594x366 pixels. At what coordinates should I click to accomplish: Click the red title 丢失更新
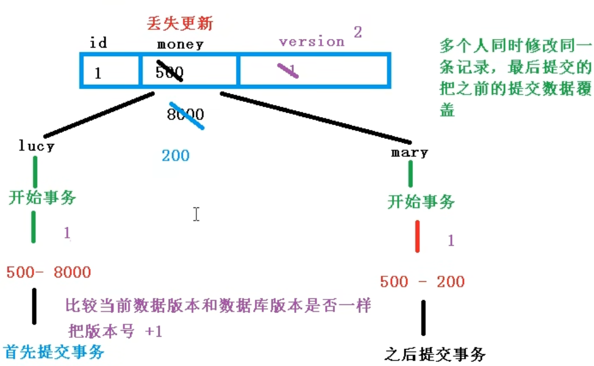coord(180,24)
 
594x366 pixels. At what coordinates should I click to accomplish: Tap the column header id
coord(98,43)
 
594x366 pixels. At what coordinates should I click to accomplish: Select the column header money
coord(180,44)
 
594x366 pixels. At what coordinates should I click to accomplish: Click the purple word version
coord(312,41)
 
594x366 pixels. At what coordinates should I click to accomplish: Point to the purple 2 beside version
coord(358,32)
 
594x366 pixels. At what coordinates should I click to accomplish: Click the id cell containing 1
coord(98,74)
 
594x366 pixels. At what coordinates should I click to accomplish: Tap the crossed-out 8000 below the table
coord(186,115)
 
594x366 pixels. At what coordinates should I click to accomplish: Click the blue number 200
coord(176,156)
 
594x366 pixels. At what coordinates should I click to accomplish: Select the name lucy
coord(37,146)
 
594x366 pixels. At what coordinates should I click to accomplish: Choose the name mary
coord(410,152)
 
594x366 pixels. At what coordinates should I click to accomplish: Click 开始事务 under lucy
coord(42,197)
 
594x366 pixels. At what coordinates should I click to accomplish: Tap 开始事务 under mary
coord(421,201)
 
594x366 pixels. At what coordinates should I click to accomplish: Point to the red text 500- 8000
coord(48,272)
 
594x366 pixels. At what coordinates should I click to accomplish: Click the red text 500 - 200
coord(422,282)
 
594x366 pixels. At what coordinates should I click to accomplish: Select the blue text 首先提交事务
coord(54,351)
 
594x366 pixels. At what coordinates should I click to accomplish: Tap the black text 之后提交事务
coord(435,353)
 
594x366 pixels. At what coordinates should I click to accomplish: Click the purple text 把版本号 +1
coord(116,331)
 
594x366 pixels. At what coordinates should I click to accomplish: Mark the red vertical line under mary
coord(418,236)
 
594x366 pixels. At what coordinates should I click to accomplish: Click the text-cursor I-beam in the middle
coord(196,214)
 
